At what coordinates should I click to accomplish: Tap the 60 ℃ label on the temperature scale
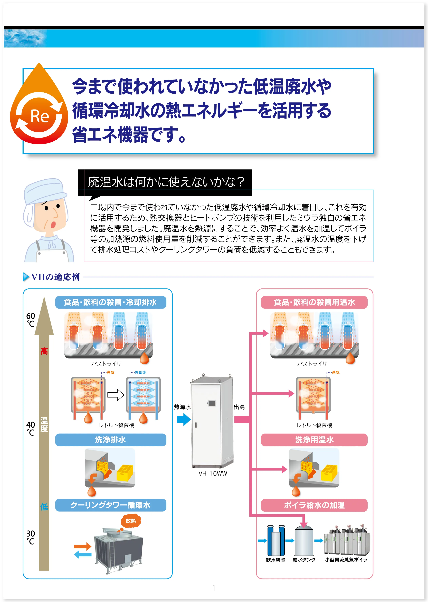(31, 319)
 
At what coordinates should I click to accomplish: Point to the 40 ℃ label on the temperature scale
(31, 428)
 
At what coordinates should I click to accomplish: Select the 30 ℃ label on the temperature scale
(31, 537)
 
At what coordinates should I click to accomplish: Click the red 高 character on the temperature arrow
(44, 351)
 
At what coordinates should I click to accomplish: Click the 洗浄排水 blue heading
(110, 440)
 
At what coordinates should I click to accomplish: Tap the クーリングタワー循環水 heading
(110, 505)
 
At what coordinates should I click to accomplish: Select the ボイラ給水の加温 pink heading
(314, 505)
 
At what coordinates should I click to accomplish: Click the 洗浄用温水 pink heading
(314, 440)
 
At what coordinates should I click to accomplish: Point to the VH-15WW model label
(213, 473)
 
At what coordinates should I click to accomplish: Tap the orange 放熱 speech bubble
(131, 521)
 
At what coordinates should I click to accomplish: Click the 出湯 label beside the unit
(239, 407)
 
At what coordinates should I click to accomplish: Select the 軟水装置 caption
(275, 560)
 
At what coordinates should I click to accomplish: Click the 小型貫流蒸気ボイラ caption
(346, 560)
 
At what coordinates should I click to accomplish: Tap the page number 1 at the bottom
(214, 588)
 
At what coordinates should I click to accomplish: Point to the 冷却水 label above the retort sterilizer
(140, 372)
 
